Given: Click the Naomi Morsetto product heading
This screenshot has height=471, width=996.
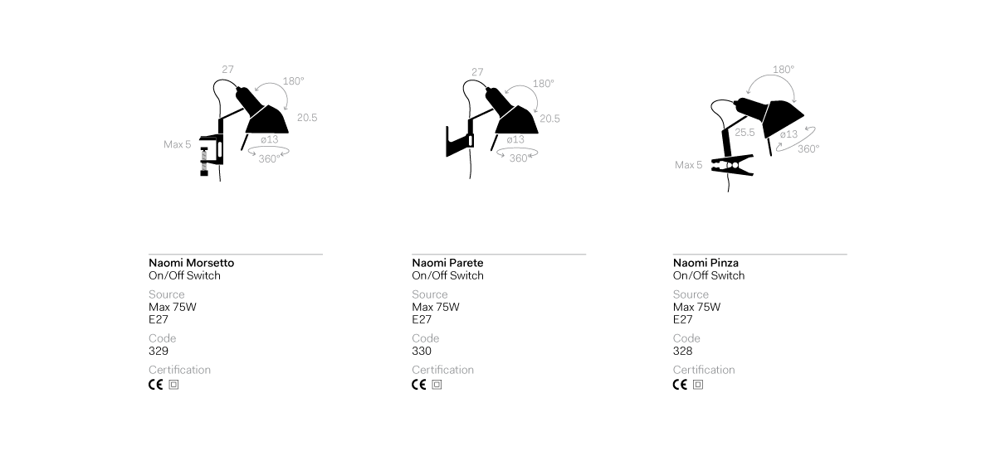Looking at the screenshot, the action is pyautogui.click(x=191, y=263).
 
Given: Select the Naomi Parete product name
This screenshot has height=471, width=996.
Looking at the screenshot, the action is pyautogui.click(x=447, y=263).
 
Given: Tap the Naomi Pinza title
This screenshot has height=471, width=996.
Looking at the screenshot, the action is pyautogui.click(x=705, y=263).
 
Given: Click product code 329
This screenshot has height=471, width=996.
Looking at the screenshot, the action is pyautogui.click(x=159, y=351).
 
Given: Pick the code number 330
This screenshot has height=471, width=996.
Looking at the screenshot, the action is pyautogui.click(x=422, y=351).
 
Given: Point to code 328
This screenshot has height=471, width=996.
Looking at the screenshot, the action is pyautogui.click(x=682, y=351).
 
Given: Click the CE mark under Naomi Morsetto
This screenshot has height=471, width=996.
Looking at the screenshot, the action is pyautogui.click(x=156, y=385).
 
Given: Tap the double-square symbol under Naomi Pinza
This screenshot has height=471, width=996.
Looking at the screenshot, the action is pyautogui.click(x=698, y=385).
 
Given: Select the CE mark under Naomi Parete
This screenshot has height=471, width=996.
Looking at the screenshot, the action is pyautogui.click(x=419, y=385).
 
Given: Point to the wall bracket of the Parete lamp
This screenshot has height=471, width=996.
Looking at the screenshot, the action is pyautogui.click(x=459, y=142).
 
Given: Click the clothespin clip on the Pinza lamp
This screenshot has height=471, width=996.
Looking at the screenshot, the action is pyautogui.click(x=732, y=165).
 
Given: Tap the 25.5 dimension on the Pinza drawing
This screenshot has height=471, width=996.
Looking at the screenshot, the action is pyautogui.click(x=745, y=133).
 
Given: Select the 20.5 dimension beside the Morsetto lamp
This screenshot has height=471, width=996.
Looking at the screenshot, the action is pyautogui.click(x=307, y=118).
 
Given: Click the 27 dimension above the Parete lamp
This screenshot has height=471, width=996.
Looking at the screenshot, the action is pyautogui.click(x=477, y=72).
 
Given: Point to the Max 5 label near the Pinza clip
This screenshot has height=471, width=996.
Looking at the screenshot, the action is pyautogui.click(x=688, y=165).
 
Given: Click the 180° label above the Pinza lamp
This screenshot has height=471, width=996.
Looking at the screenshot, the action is pyautogui.click(x=784, y=70).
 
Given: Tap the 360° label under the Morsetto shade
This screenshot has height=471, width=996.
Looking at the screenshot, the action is pyautogui.click(x=270, y=158).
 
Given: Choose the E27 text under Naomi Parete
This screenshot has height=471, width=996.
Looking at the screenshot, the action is pyautogui.click(x=422, y=319).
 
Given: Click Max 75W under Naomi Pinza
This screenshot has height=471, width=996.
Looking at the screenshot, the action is pyautogui.click(x=696, y=307).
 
